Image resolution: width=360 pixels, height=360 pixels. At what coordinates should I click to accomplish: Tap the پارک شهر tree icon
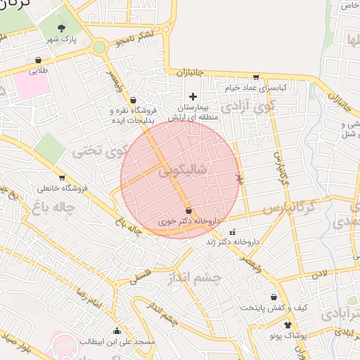[63, 29]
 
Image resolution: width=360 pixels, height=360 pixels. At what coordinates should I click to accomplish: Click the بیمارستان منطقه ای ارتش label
[193, 113]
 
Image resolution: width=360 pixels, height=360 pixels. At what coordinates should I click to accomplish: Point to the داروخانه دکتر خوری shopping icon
[188, 210]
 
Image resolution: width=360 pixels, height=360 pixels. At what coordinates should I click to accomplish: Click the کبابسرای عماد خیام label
[257, 88]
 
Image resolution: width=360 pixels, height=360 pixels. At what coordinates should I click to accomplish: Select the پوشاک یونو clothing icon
[288, 325]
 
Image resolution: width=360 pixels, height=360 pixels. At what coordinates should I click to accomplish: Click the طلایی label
[39, 71]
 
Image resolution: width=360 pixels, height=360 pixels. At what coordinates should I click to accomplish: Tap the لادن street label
[320, 271]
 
